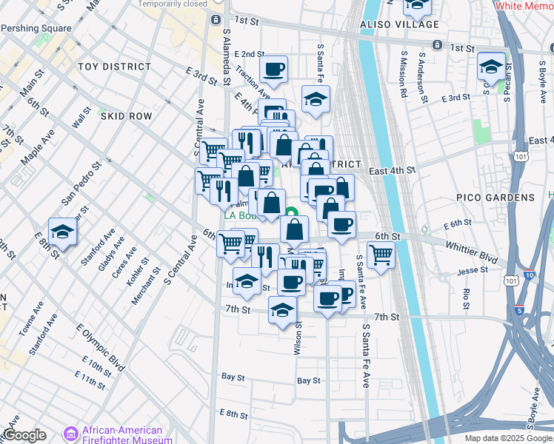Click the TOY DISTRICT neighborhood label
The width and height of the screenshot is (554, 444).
point(115,67)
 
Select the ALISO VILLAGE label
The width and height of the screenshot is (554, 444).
point(399,24)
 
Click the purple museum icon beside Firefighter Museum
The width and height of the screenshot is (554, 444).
point(72,434)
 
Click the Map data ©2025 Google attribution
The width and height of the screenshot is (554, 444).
point(509,438)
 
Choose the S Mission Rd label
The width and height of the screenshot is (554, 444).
point(404,75)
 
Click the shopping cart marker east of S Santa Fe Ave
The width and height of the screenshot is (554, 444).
point(381,255)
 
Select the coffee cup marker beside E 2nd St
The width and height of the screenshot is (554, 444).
point(273,69)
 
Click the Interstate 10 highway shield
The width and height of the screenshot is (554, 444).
point(528,275)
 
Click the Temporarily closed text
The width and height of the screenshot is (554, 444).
point(173,4)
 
